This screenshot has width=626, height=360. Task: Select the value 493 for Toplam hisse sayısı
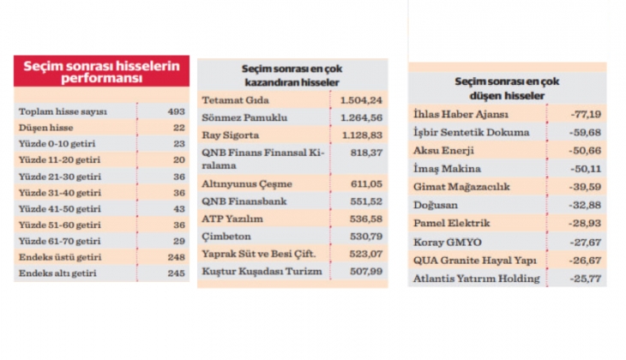(x=174, y=111)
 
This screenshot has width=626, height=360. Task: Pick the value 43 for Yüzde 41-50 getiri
(x=177, y=209)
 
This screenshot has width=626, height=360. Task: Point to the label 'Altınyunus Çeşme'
(x=247, y=184)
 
